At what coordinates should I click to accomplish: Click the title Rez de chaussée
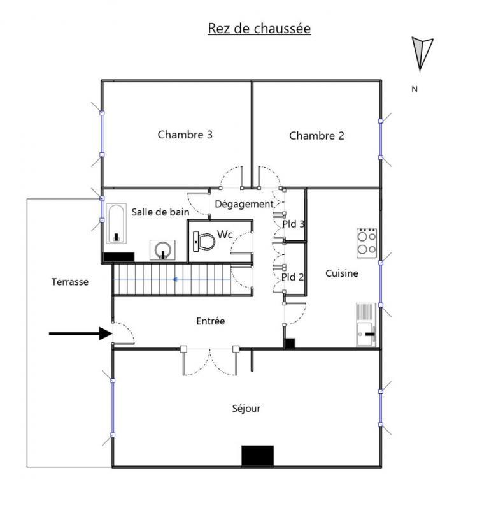pyautogui.click(x=259, y=29)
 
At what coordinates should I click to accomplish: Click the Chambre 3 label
pyautogui.click(x=185, y=135)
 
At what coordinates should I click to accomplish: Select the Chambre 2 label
pyautogui.click(x=316, y=135)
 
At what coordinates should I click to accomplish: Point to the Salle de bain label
pyautogui.click(x=160, y=212)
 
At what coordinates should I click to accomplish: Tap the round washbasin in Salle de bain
pyautogui.click(x=164, y=249)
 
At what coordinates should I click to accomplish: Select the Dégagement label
pyautogui.click(x=244, y=204)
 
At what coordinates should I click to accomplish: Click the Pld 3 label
pyautogui.click(x=294, y=224)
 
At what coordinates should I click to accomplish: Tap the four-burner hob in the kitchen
pyautogui.click(x=366, y=242)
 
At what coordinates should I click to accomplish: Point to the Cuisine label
pyautogui.click(x=342, y=273)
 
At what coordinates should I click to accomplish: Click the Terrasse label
pyautogui.click(x=69, y=281)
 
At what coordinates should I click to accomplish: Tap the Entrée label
pyautogui.click(x=210, y=321)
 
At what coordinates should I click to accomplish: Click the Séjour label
pyautogui.click(x=246, y=409)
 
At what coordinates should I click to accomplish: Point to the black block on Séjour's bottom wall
pyautogui.click(x=257, y=455)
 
